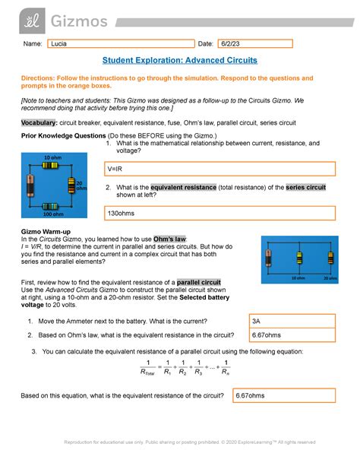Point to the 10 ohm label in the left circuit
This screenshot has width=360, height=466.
coord(52,157)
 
